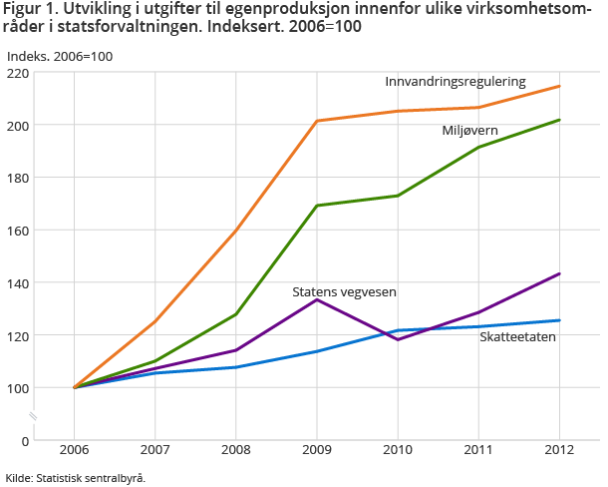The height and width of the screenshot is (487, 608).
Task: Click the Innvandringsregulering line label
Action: click(x=456, y=81)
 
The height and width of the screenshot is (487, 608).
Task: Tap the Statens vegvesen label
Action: click(x=344, y=292)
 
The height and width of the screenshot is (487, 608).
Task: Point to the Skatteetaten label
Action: click(x=517, y=337)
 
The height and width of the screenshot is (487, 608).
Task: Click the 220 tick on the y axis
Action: click(x=17, y=73)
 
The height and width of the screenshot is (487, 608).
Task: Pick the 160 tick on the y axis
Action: click(x=17, y=231)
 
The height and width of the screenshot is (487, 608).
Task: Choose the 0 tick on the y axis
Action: click(x=24, y=440)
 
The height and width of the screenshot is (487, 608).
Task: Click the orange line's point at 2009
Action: click(x=317, y=121)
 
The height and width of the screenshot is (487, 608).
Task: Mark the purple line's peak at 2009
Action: click(x=317, y=299)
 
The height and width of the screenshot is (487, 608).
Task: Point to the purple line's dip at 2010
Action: click(x=398, y=340)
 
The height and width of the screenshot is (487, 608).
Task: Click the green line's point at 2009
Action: click(x=317, y=206)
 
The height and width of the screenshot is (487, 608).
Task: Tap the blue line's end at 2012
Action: click(x=559, y=320)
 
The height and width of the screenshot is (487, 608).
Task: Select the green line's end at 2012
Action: click(x=559, y=120)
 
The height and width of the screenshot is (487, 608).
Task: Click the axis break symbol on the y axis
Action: click(x=33, y=415)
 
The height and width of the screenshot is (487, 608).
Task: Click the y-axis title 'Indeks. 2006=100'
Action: click(x=59, y=56)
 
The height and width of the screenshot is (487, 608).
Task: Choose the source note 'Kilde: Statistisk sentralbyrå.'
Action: click(x=75, y=478)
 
